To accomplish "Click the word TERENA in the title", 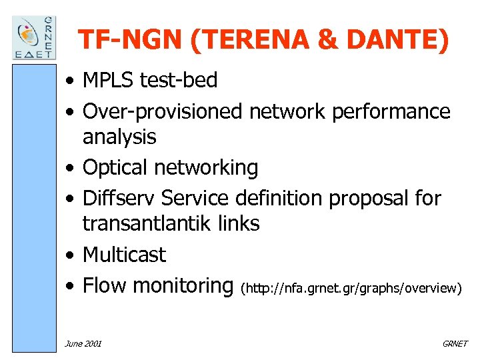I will (x=249, y=40).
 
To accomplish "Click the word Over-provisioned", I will (x=162, y=111).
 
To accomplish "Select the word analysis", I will (x=119, y=137).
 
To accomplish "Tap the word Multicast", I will (x=124, y=255).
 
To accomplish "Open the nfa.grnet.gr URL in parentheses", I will (x=351, y=288).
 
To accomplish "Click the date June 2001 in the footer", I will (x=83, y=343).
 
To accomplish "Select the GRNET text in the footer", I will (x=455, y=343).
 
